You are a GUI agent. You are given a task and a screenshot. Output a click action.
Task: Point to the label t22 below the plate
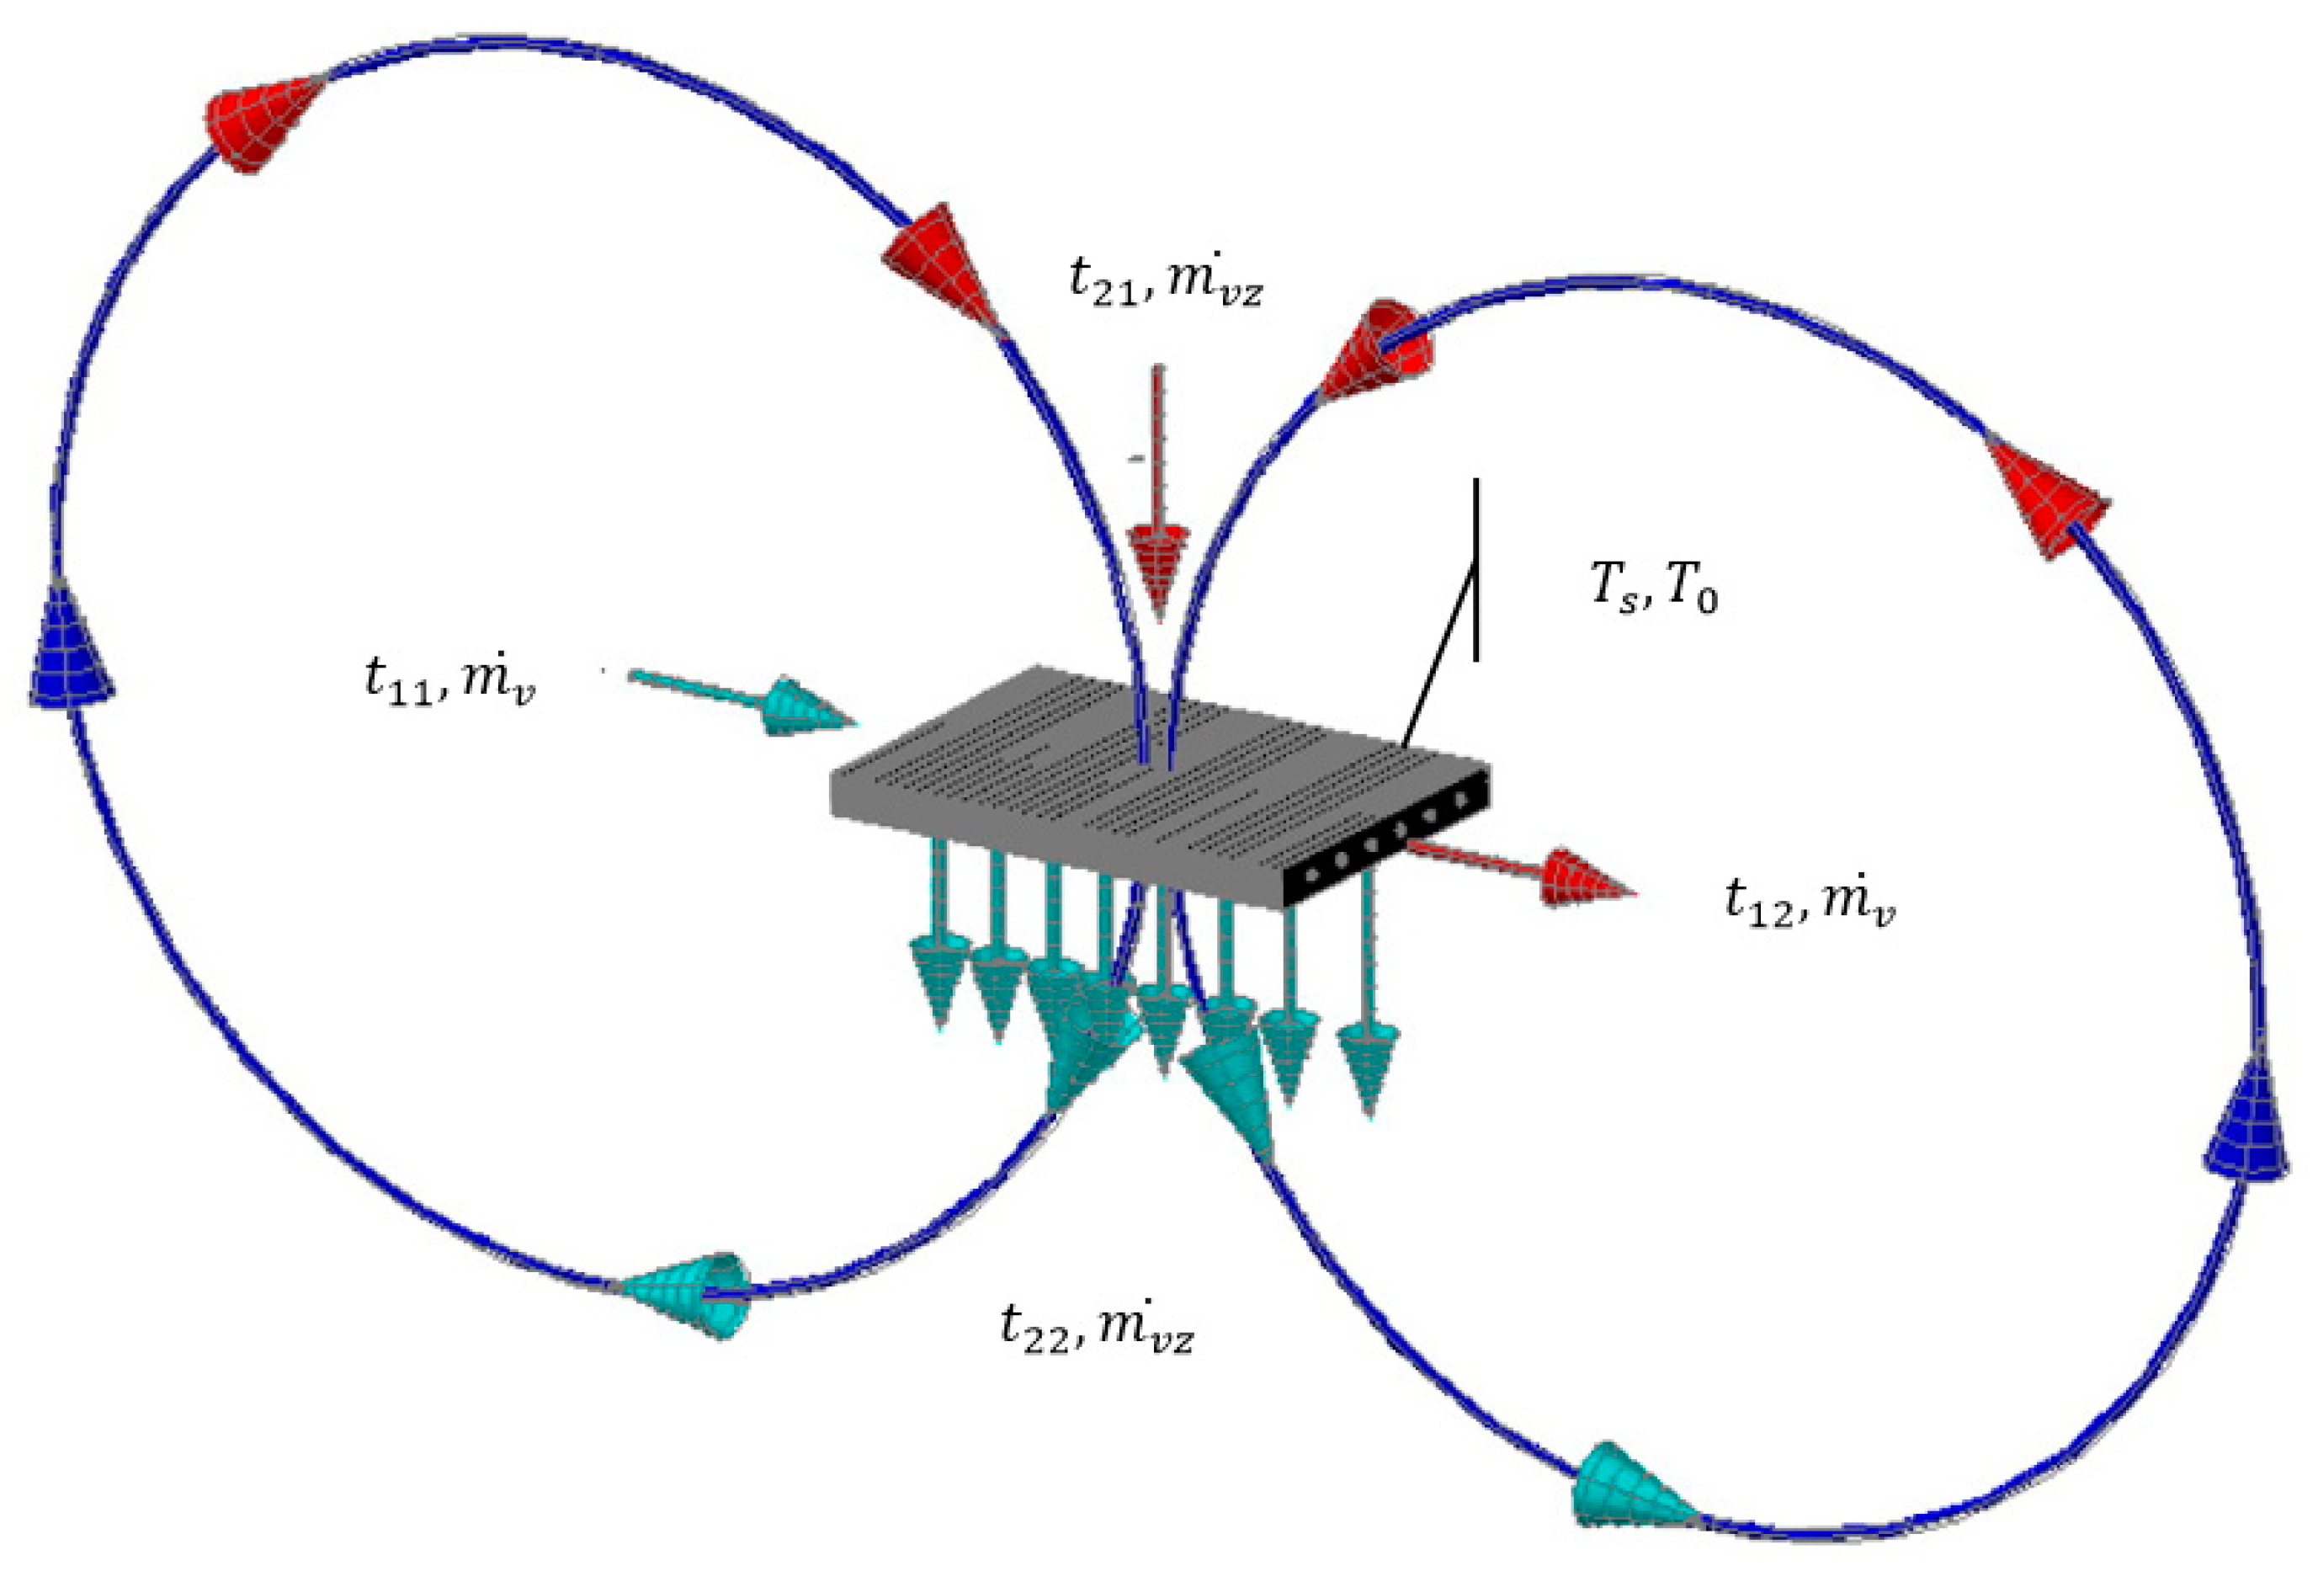(x=1036, y=1329)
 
